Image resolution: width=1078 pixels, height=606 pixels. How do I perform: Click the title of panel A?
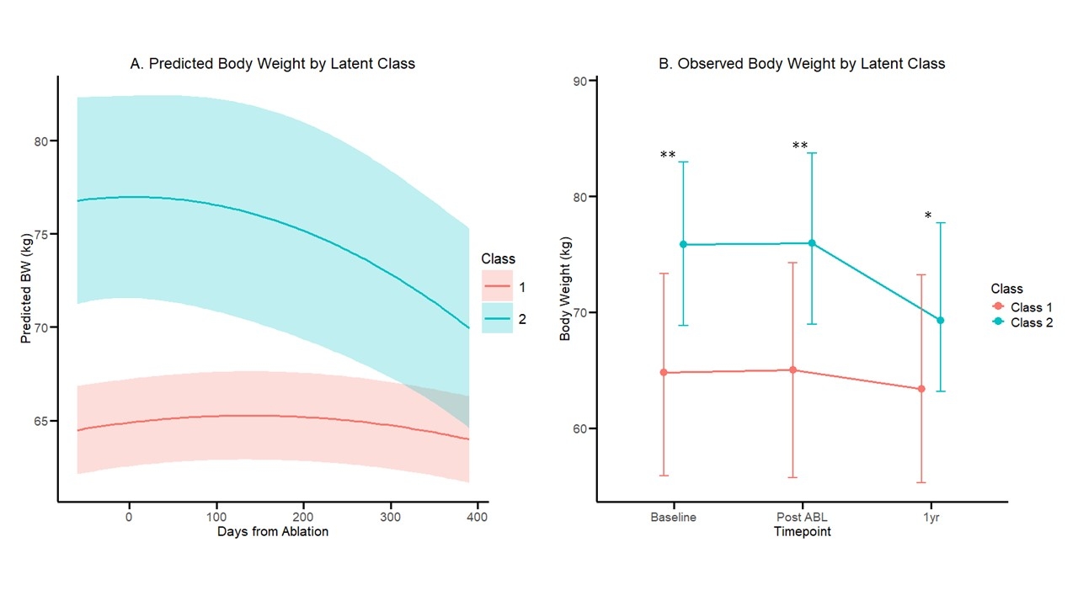tap(273, 64)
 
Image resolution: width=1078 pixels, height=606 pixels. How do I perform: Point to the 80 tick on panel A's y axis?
tap(40, 141)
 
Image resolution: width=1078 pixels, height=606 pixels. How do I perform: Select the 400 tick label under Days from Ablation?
tap(477, 516)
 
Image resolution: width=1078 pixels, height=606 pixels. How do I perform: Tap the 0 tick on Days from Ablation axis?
tap(129, 516)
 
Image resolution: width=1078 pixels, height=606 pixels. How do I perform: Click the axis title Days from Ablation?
tap(273, 532)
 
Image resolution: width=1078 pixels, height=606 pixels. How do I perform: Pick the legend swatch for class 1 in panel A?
tap(497, 287)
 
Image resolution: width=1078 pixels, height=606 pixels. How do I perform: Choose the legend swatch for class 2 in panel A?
tap(497, 318)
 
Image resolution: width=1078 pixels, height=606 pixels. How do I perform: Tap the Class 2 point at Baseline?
tap(683, 244)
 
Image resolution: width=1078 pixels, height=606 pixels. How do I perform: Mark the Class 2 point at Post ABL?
tap(812, 243)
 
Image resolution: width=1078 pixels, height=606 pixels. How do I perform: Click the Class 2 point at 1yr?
tap(941, 320)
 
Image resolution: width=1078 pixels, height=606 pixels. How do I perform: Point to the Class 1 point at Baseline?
tap(664, 372)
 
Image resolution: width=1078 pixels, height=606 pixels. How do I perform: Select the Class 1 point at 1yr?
tap(921, 389)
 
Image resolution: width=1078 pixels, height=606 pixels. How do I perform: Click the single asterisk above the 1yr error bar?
tap(928, 216)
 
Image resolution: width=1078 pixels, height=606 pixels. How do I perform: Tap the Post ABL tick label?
tap(802, 518)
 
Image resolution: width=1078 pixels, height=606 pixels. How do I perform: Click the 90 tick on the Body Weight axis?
tap(580, 81)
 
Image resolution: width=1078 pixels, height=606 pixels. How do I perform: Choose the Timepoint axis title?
tap(802, 532)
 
